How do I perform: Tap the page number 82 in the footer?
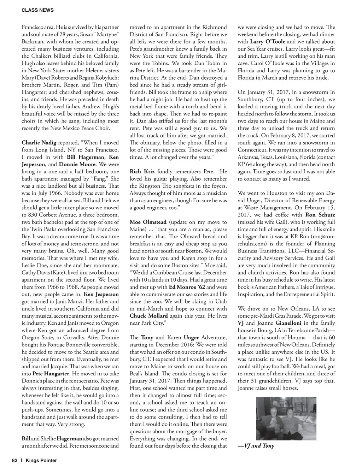tap(14, 460)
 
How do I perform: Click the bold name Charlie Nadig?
tap(39, 143)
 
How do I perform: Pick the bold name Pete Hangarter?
tap(51, 374)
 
